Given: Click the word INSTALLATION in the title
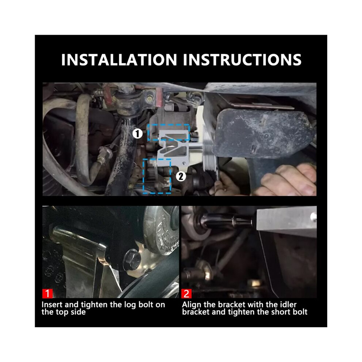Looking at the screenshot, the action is (119, 60).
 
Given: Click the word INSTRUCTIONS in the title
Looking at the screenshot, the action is (242, 60).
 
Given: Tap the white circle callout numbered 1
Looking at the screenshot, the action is (137, 134).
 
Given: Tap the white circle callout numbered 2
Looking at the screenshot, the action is (181, 176).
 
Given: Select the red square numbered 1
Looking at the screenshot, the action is (47, 293).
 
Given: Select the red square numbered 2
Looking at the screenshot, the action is (186, 293).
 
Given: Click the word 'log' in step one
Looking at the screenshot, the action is (130, 305).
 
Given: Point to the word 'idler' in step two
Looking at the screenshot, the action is (288, 305).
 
